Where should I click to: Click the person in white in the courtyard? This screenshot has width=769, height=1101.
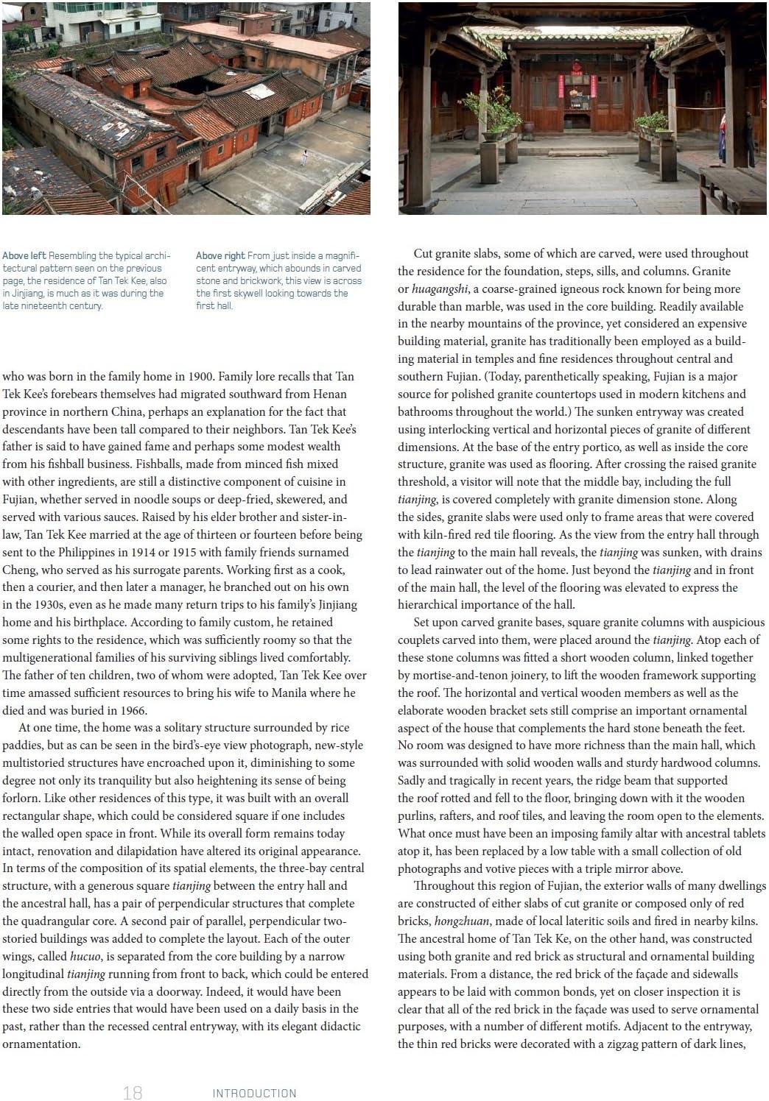pyautogui.click(x=303, y=157)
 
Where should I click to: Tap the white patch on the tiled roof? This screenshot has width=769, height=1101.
pyautogui.click(x=259, y=92)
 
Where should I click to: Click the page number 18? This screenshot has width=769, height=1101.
pyautogui.click(x=133, y=1092)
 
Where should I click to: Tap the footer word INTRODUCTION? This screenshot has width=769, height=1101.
pyautogui.click(x=254, y=1093)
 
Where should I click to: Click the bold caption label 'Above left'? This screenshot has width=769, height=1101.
pyautogui.click(x=24, y=256)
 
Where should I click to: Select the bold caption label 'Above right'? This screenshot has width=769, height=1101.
pyautogui.click(x=220, y=256)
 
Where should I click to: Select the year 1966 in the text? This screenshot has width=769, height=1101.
pyautogui.click(x=133, y=711)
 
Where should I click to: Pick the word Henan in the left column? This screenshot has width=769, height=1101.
pyautogui.click(x=329, y=394)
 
